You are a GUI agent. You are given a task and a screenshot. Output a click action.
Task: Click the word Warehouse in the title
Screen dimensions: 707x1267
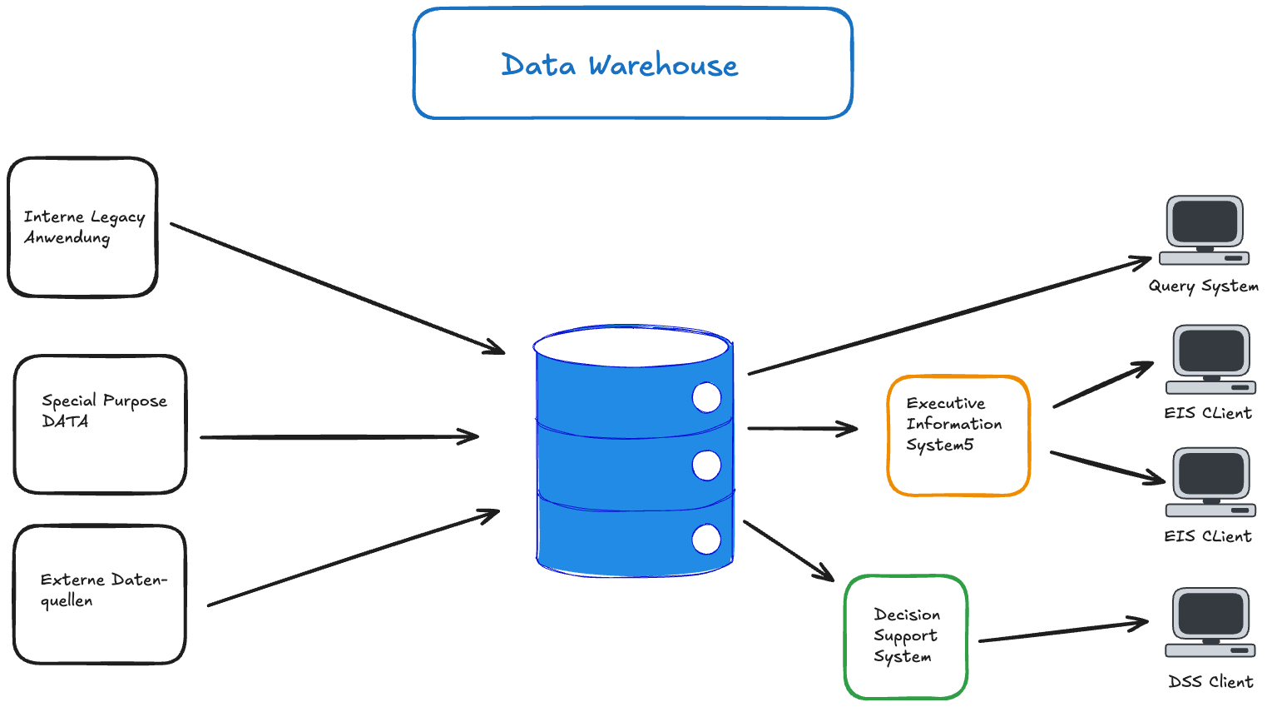(663, 65)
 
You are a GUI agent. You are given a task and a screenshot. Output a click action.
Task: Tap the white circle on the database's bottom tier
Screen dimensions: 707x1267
(706, 539)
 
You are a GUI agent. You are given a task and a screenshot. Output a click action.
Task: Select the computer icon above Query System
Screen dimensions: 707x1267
(1205, 230)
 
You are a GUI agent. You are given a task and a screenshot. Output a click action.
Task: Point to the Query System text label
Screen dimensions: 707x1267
(1203, 286)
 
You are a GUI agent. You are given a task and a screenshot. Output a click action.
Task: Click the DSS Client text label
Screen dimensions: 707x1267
(1210, 682)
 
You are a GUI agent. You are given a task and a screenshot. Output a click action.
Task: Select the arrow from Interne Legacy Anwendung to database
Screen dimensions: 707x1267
(337, 288)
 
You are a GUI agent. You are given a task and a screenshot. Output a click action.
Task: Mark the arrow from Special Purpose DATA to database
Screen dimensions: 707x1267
(339, 436)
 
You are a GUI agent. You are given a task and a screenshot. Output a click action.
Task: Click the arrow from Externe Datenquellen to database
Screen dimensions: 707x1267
(354, 558)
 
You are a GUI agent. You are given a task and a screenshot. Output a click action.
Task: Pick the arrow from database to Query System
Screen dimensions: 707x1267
(948, 316)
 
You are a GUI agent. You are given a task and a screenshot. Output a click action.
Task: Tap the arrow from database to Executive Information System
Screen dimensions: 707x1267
(802, 428)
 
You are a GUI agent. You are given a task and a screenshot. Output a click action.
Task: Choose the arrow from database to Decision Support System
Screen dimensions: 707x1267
(788, 550)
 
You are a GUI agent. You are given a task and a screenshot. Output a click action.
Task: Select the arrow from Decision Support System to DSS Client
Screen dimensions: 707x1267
(1063, 632)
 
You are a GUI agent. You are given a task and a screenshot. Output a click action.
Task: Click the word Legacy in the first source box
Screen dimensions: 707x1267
(117, 218)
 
